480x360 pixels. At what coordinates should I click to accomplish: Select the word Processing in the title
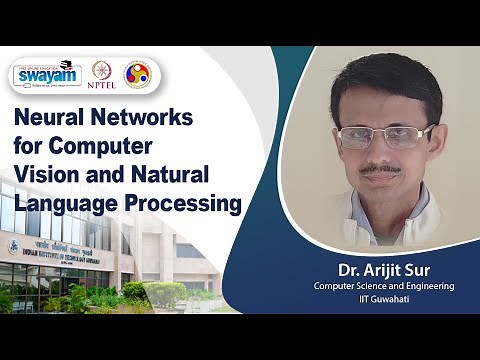point(184,204)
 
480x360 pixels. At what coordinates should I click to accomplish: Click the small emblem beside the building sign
point(14,247)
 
